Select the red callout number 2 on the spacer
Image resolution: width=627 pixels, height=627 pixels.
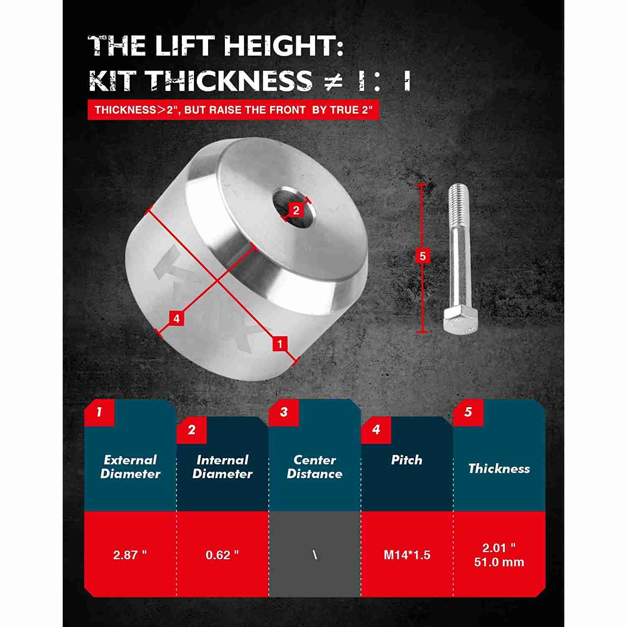(x=296, y=210)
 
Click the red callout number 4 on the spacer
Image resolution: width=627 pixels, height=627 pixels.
(x=176, y=319)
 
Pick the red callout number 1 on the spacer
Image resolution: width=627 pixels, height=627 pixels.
(x=280, y=344)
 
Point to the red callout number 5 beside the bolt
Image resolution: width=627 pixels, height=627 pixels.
(x=422, y=256)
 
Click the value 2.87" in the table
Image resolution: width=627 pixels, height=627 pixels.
(x=130, y=555)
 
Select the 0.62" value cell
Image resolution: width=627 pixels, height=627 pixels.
(x=222, y=555)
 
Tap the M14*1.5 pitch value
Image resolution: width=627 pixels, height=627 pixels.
(x=407, y=555)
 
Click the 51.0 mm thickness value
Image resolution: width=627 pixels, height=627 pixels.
(x=499, y=562)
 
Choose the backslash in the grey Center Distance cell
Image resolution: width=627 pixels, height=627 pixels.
(x=315, y=555)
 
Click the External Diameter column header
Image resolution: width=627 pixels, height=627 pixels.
(x=130, y=467)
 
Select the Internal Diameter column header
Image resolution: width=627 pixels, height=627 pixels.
(x=222, y=467)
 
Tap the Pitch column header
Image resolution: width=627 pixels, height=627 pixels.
(x=407, y=460)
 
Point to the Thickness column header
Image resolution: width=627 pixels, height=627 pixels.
(x=499, y=469)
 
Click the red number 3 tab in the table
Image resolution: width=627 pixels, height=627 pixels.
(x=284, y=412)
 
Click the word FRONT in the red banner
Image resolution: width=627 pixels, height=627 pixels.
(x=287, y=110)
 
